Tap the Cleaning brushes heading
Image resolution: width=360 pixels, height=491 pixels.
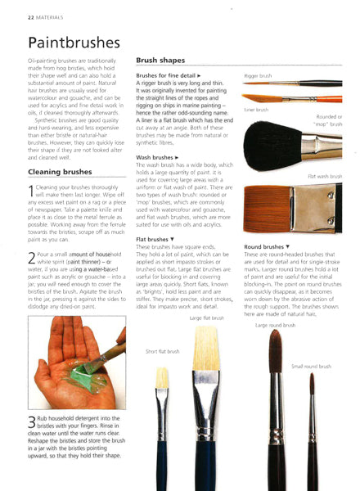coord(60,172)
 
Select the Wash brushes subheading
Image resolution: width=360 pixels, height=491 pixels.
coord(155,156)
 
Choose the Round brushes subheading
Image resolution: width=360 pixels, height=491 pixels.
coord(266,245)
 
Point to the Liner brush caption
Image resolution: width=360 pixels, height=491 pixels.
coord(256,109)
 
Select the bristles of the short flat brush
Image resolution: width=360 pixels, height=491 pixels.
coord(163,377)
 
